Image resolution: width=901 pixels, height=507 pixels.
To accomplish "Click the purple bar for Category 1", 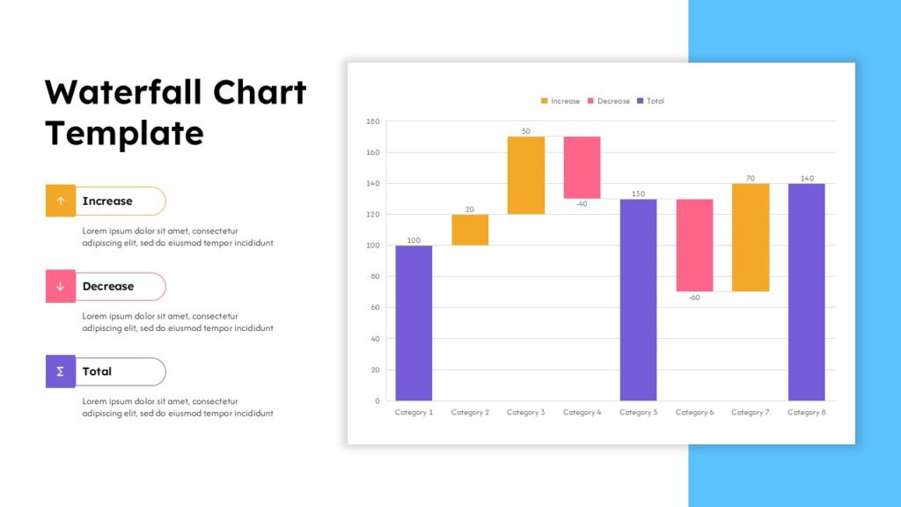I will coord(414,322).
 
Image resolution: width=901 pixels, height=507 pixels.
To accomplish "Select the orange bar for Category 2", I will coord(470,230).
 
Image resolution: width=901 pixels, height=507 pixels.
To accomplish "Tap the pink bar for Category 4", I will coord(582,167).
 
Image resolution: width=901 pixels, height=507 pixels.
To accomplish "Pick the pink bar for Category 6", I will coord(694,245).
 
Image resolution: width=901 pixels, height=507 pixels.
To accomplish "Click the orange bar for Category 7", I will coord(751,237).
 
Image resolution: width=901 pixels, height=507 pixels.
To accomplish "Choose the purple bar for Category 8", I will coord(806,291).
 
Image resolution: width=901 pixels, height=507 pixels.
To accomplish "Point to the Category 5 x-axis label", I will coord(638,412).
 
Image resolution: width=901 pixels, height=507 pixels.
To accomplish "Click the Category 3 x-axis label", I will coord(525,412).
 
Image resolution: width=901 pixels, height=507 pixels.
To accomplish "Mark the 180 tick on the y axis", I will coord(372,121).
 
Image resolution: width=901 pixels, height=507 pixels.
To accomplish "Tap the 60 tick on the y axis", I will coord(374,308).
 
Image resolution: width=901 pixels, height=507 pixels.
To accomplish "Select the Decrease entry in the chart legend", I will coord(608,101).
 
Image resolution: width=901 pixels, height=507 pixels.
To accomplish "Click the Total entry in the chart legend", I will coord(650,101).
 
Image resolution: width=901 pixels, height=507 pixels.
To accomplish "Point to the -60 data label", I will coord(694,298).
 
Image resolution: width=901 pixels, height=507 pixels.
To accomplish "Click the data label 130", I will coord(638,194).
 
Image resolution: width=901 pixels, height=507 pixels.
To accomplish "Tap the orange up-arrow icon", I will coord(61,201).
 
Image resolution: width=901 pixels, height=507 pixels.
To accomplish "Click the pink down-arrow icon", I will coord(61,286).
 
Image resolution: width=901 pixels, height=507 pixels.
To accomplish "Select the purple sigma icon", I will coord(61,371).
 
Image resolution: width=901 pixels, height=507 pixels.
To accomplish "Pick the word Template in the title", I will coord(124,133).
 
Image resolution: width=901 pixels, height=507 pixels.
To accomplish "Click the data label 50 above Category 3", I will coord(525,131).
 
